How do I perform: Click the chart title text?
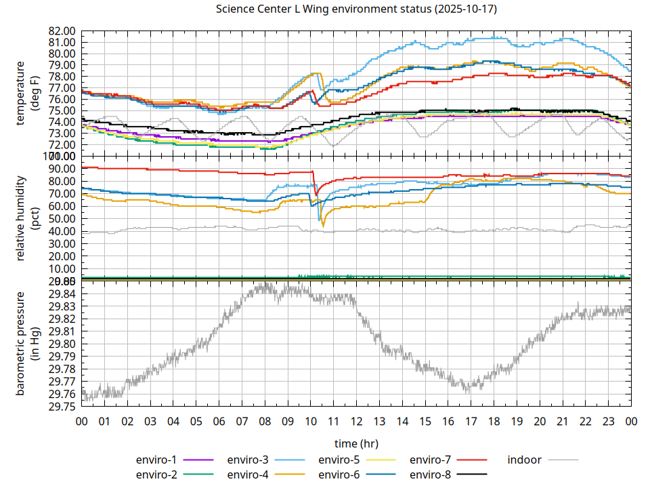pyautogui.click(x=355, y=9)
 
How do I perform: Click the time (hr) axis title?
pyautogui.click(x=355, y=443)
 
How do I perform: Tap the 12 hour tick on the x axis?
pyautogui.click(x=356, y=421)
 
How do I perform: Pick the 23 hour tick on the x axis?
pyautogui.click(x=608, y=421)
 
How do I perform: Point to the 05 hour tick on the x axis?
pyautogui.click(x=196, y=421)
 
